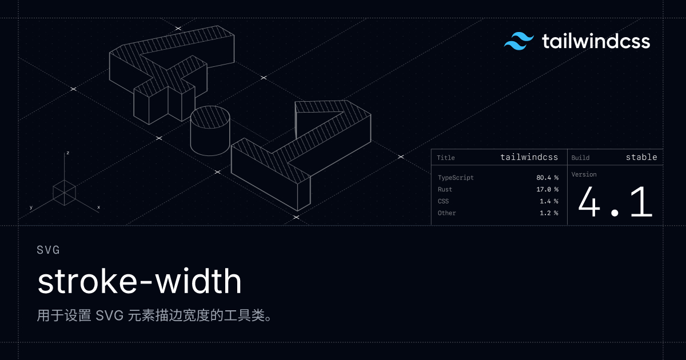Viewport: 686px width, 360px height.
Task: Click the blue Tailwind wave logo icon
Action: pyautogui.click(x=519, y=41)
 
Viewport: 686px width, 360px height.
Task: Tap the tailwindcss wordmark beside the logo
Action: pyautogui.click(x=596, y=41)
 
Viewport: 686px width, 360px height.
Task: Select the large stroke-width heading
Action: pyautogui.click(x=139, y=281)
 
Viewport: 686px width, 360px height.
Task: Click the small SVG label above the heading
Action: pyautogui.click(x=48, y=250)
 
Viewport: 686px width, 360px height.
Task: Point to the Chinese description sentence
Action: pyautogui.click(x=154, y=315)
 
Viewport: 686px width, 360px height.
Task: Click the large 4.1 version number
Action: pyautogui.click(x=615, y=202)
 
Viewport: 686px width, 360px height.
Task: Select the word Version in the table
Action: pyautogui.click(x=584, y=174)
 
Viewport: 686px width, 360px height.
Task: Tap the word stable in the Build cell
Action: pyautogui.click(x=641, y=157)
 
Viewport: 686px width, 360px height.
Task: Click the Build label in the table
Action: pyautogui.click(x=580, y=158)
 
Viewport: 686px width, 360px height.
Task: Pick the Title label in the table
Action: pyautogui.click(x=445, y=158)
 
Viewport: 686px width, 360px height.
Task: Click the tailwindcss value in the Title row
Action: pyautogui.click(x=529, y=157)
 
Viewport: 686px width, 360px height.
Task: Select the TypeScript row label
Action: pyautogui.click(x=456, y=178)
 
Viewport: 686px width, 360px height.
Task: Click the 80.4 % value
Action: pyautogui.click(x=547, y=178)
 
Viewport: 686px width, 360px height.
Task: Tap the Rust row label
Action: pyautogui.click(x=445, y=190)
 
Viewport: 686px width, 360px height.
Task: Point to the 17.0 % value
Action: pyautogui.click(x=547, y=190)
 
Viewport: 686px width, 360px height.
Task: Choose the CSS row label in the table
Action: pyautogui.click(x=443, y=201)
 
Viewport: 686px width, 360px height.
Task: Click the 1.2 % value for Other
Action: pyautogui.click(x=549, y=213)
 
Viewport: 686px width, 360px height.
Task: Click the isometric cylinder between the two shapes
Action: pyautogui.click(x=210, y=131)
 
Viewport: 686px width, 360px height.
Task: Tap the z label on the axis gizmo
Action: pyautogui.click(x=68, y=153)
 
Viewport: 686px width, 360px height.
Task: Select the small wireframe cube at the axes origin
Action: pyautogui.click(x=64, y=193)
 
